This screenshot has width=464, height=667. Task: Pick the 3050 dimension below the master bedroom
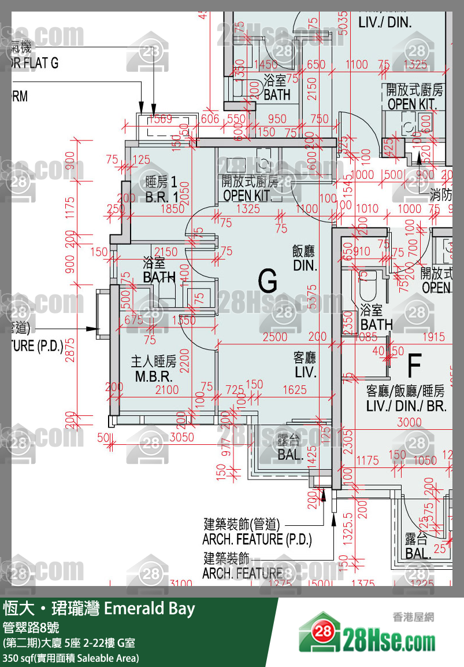coord(181,437)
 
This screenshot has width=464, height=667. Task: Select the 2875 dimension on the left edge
coord(70,349)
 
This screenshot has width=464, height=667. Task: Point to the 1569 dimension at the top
coord(160,119)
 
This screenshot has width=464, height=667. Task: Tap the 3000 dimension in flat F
coord(409,422)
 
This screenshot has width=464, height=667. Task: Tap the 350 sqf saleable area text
coord(70,658)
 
